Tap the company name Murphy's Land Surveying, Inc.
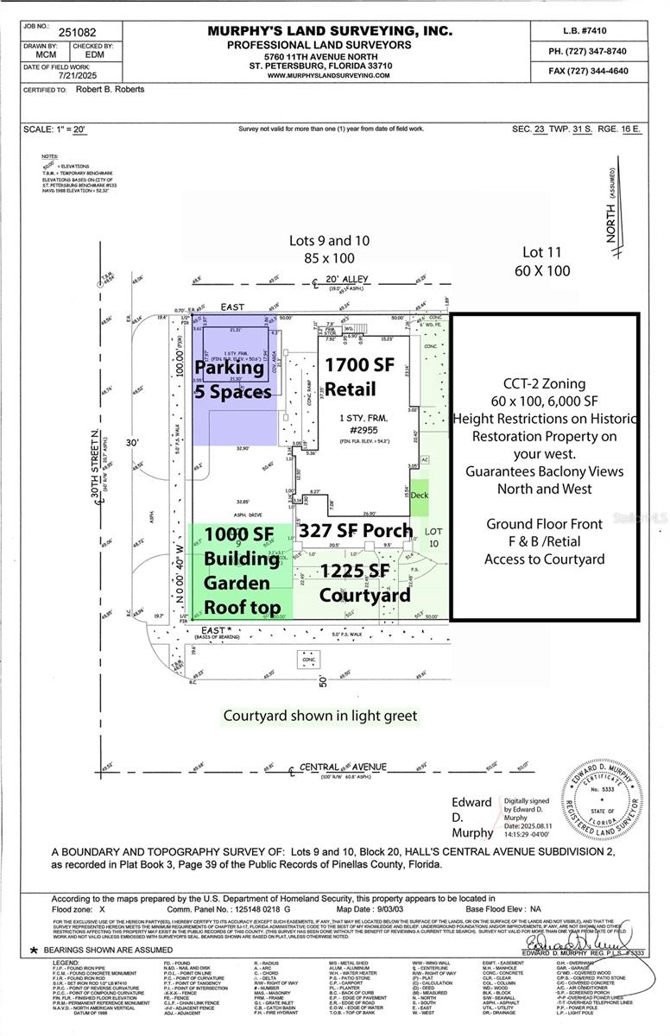(329, 31)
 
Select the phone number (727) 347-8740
(587, 51)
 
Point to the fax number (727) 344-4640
(587, 70)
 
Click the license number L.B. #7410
(587, 32)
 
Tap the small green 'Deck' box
(419, 496)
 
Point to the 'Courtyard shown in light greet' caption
(319, 716)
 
